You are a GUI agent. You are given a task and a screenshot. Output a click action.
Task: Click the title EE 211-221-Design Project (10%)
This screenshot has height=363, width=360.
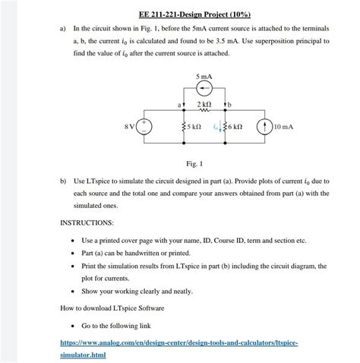(179, 14)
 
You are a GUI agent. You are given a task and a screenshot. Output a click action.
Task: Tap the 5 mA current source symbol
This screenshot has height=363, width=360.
(204, 88)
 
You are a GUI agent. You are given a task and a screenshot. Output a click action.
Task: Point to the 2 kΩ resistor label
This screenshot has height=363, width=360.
(204, 103)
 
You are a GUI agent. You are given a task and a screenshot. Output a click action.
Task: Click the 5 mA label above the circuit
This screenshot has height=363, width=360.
(204, 77)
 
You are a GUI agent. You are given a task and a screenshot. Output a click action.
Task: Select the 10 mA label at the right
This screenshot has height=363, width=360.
(283, 125)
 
